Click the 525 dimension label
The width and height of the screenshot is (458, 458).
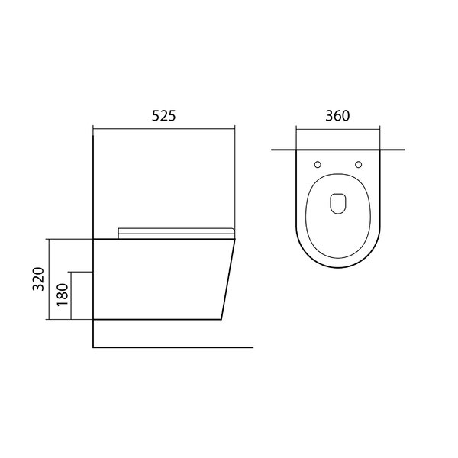click(x=164, y=116)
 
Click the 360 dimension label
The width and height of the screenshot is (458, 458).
click(x=337, y=116)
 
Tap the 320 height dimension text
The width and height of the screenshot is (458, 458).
click(x=38, y=279)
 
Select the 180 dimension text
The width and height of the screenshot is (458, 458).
click(x=63, y=295)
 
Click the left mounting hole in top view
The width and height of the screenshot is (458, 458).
click(x=318, y=165)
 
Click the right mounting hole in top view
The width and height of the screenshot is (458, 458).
click(x=359, y=165)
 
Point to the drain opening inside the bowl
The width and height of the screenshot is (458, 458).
click(x=338, y=204)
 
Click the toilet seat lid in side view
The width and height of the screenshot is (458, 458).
click(x=176, y=234)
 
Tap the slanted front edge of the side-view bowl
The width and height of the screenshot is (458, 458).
click(x=228, y=279)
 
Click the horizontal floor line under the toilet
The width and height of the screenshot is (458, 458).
click(x=173, y=347)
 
